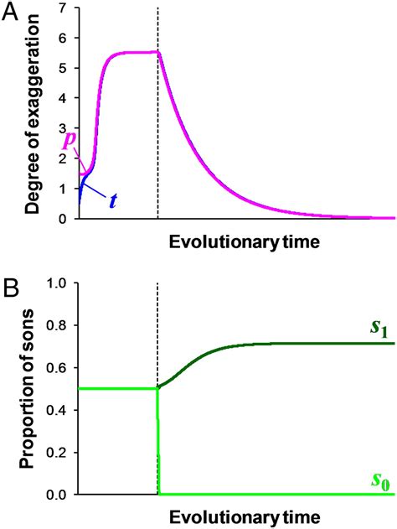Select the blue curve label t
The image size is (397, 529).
(x=111, y=201)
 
